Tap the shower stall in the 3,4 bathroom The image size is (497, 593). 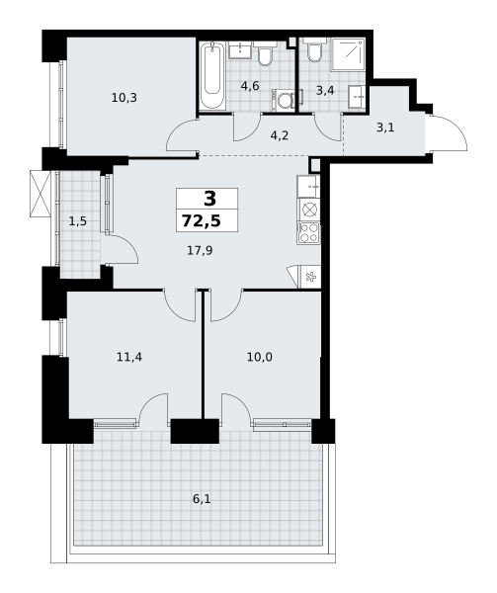348,54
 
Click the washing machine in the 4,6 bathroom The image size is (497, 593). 284,101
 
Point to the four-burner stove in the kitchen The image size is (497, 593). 308,233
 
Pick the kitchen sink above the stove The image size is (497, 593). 308,187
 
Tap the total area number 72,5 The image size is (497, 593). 202,220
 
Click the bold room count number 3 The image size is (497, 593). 209,199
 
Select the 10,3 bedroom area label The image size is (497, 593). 124,98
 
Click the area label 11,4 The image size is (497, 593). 129,357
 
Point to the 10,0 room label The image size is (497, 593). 260,357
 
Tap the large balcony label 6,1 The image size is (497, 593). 202,499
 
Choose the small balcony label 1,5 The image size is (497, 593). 78,221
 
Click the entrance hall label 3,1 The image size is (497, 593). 385,127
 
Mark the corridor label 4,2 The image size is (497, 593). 280,135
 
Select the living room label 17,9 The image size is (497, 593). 200,250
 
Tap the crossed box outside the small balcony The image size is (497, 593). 41,194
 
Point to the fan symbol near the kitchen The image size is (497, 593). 310,277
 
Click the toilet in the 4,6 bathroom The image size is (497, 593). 265,53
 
